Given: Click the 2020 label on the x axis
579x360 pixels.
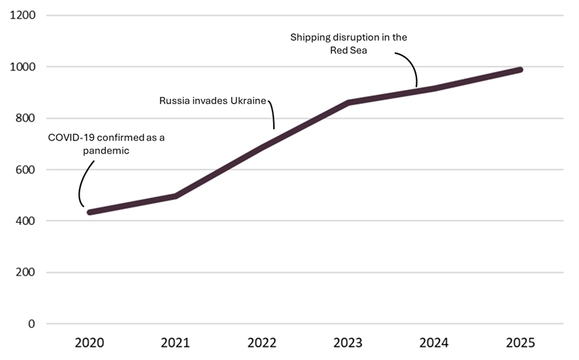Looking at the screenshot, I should point(89,343).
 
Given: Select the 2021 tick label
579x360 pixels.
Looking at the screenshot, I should point(175,343).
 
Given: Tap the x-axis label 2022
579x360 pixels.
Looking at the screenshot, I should point(261,343).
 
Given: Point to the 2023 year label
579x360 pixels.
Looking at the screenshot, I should point(348,343).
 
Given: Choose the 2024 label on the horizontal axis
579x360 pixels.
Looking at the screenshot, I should point(434,343).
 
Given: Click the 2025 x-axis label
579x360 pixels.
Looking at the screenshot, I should point(521,343).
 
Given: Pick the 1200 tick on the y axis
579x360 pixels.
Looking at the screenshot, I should point(23,15).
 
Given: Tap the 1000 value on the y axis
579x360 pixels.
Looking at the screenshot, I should point(23,67).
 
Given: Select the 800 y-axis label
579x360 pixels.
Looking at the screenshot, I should point(26,118).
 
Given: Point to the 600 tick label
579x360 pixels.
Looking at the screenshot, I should point(26,170).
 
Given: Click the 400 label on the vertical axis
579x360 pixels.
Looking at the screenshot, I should point(26,221).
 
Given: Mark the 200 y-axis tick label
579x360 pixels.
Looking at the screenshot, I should point(26,272).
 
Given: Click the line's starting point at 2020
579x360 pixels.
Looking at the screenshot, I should point(89,212).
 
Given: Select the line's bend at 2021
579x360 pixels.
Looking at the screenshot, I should point(176,196).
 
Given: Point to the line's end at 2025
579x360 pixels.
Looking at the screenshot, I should point(520,70).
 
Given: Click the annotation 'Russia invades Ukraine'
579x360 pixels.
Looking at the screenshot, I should point(212,101).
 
